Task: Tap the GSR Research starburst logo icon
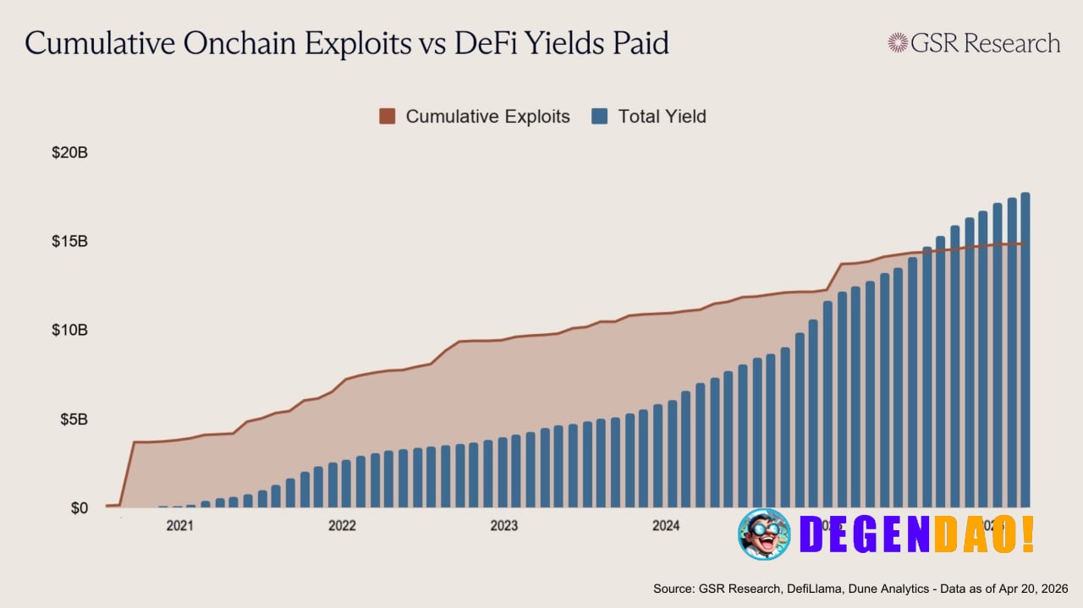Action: (x=898, y=43)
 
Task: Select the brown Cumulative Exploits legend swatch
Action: (x=388, y=117)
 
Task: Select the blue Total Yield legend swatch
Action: (x=600, y=117)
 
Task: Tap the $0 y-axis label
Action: (x=79, y=508)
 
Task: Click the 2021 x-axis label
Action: (x=179, y=526)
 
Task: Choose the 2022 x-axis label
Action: (x=342, y=526)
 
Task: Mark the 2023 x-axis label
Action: (x=504, y=526)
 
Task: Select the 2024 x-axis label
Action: (x=666, y=526)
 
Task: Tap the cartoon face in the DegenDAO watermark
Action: (x=764, y=534)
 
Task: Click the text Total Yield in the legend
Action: (x=662, y=117)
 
